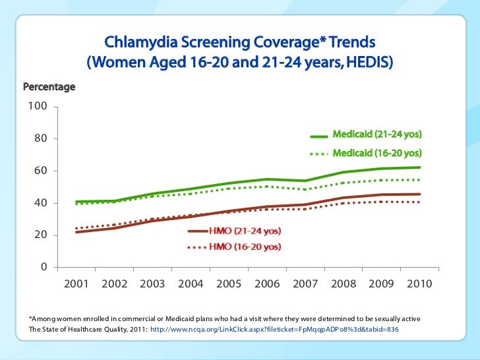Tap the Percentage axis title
click(x=49, y=87)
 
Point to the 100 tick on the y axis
click(x=37, y=107)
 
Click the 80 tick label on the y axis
click(x=40, y=139)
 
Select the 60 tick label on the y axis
click(x=40, y=171)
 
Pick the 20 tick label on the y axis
click(x=40, y=235)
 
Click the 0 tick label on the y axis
click(x=43, y=267)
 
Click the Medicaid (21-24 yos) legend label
click(x=377, y=135)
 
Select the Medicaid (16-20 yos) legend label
click(x=377, y=153)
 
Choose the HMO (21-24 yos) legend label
click(x=245, y=231)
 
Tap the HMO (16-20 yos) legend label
click(x=245, y=247)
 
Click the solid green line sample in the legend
click(x=319, y=136)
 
